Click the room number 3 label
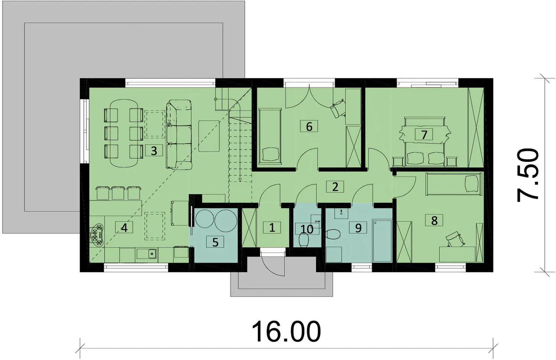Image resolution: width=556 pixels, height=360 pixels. click(x=154, y=150)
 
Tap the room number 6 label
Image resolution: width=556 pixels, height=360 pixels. click(x=309, y=126)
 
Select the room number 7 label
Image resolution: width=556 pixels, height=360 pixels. click(x=424, y=135)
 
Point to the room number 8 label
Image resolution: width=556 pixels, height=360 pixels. click(x=434, y=221)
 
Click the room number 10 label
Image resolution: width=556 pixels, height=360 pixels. click(x=307, y=229)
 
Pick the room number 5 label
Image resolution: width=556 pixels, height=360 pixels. click(x=215, y=242)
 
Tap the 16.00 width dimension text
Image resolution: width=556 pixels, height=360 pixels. click(x=286, y=331)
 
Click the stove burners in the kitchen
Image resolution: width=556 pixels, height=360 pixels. click(x=97, y=235)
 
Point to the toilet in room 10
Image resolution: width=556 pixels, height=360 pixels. click(x=303, y=241)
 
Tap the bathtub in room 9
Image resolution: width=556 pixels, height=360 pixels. click(x=382, y=240)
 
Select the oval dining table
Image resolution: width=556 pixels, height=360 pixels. click(x=124, y=134)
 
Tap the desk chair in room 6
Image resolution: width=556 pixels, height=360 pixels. click(x=337, y=109)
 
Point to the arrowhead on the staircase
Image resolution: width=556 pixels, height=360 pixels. click(x=240, y=179)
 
